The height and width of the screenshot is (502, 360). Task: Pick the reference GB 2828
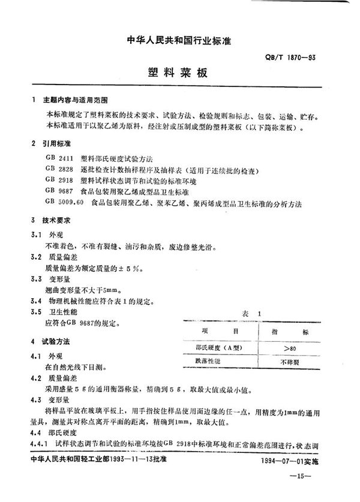[59, 170]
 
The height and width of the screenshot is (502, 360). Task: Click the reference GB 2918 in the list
[59, 181]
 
